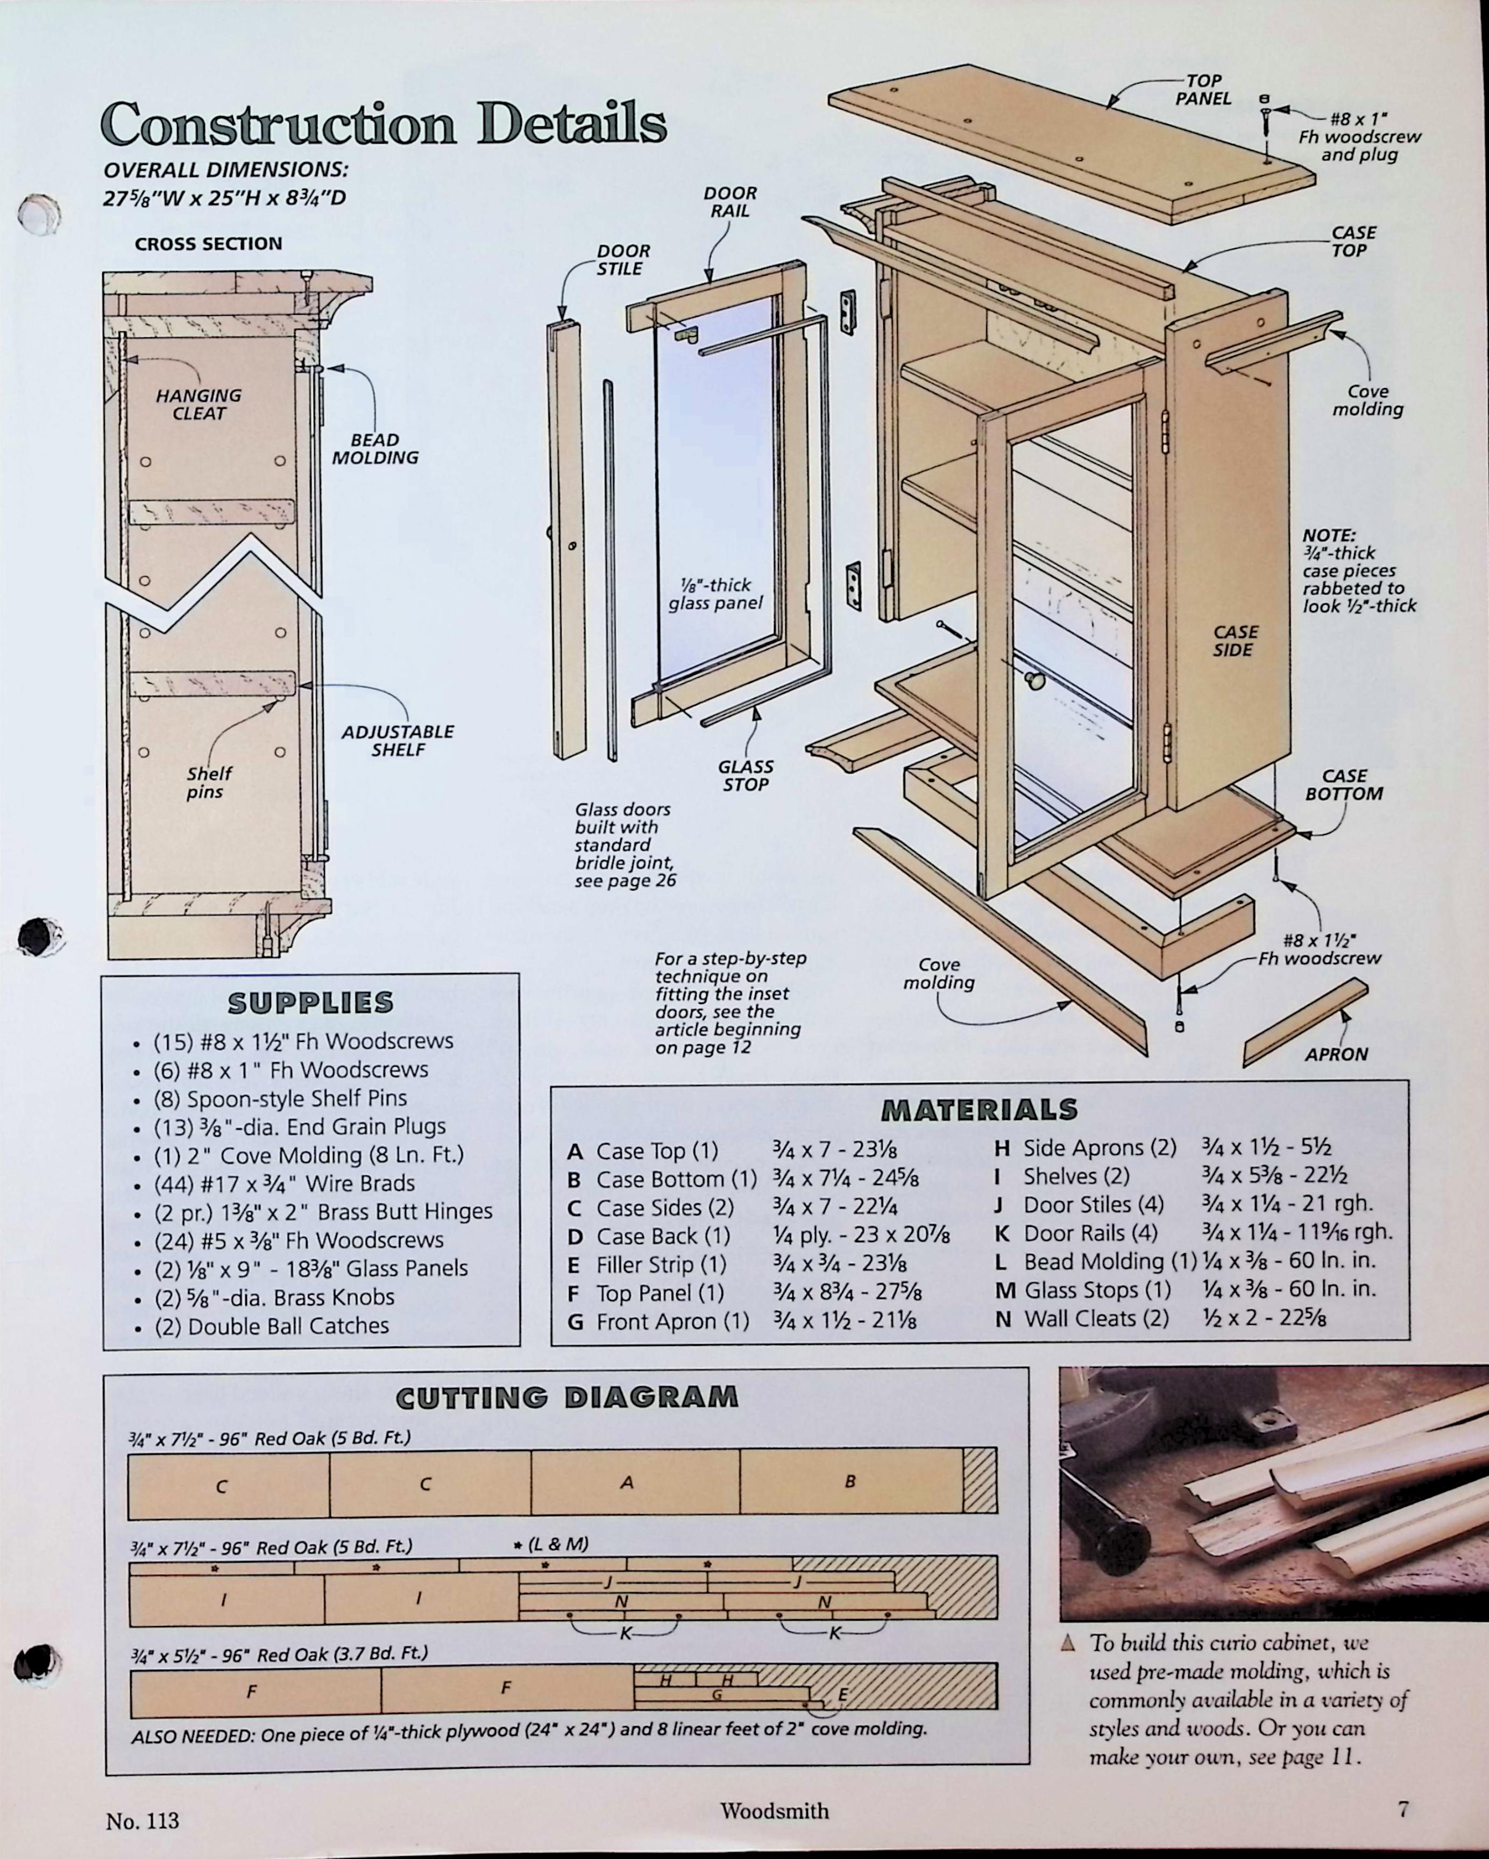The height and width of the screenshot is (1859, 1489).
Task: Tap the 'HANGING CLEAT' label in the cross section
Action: pos(198,405)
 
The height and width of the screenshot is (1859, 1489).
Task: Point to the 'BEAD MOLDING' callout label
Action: pos(375,449)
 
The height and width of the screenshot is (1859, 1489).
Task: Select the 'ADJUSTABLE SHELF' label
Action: pos(398,741)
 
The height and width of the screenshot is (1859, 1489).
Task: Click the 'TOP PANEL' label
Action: pos(1203,90)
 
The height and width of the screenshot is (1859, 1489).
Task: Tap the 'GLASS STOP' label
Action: pos(746,775)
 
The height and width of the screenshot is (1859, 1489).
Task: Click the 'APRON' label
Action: pos(1336,1054)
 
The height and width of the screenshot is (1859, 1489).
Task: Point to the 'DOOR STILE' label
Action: pos(622,259)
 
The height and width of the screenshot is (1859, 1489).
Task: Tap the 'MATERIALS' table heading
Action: pos(980,1109)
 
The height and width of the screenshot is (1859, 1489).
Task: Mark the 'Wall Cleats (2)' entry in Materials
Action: pos(1095,1318)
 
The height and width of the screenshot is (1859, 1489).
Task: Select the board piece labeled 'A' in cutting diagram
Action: pos(627,1482)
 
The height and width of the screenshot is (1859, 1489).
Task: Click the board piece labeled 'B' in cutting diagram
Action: pos(850,1481)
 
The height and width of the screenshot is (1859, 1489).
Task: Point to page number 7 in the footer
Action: pos(1403,1808)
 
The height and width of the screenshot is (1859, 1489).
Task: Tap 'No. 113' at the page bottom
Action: pos(142,1820)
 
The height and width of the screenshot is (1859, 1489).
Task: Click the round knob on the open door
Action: pos(1034,680)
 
